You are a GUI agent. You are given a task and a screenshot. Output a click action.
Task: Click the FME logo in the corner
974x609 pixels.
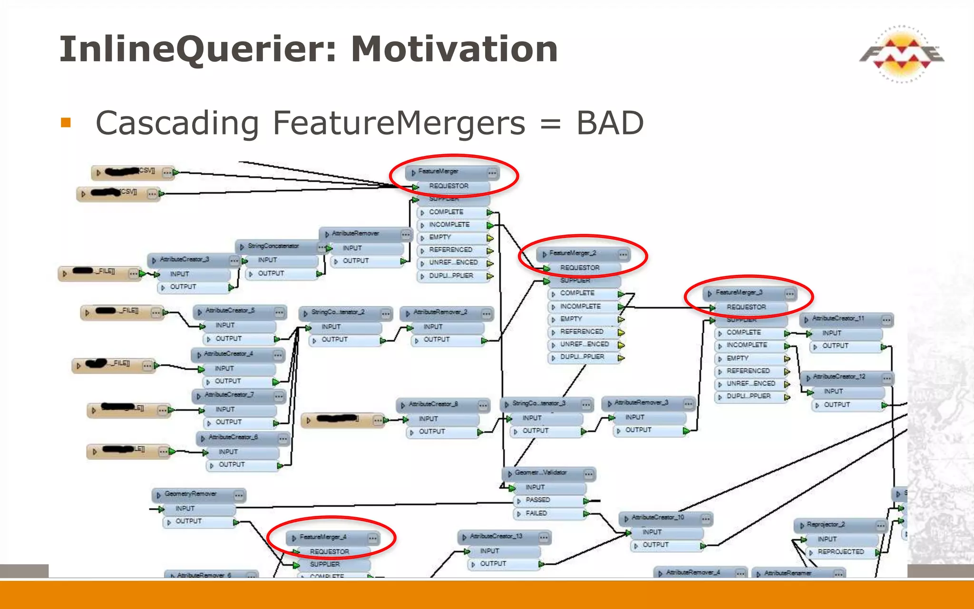pyautogui.click(x=901, y=54)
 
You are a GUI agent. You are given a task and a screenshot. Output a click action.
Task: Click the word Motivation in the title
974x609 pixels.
pyautogui.click(x=454, y=49)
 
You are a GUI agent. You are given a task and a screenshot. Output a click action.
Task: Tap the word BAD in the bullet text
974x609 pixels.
pyautogui.click(x=610, y=123)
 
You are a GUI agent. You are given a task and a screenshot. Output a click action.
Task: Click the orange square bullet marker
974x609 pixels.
pyautogui.click(x=66, y=123)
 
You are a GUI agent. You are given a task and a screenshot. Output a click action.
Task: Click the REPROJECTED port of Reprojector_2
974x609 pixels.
pyautogui.click(x=840, y=552)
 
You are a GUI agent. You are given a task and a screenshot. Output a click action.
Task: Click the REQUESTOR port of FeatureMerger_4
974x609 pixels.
pyautogui.click(x=329, y=552)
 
